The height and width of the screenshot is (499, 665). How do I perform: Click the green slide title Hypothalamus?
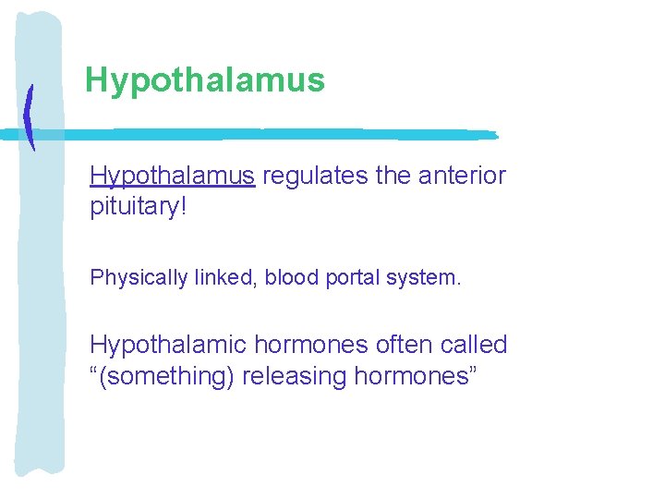click(x=204, y=80)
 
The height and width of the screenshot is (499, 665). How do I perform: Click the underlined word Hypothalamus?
click(x=172, y=176)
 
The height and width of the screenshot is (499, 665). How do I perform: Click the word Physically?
click(x=128, y=277)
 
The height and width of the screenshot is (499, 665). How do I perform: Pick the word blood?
click(x=293, y=277)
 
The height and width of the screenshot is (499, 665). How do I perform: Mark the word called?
click(x=474, y=346)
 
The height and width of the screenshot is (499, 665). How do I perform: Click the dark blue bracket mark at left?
click(x=30, y=117)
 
